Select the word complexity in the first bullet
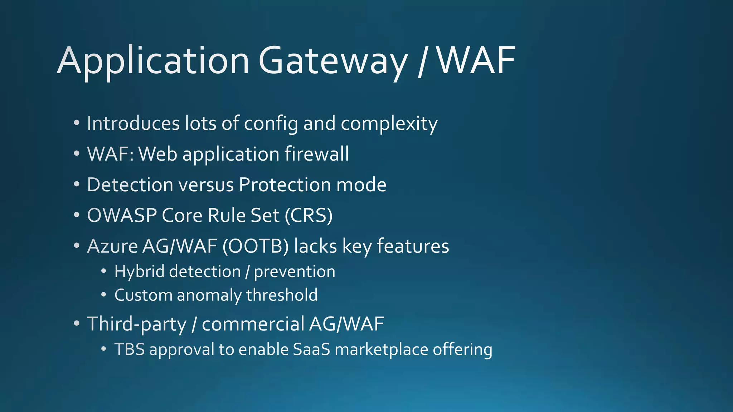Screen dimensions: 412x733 [x=389, y=124]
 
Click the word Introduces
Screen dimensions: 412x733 [x=133, y=124]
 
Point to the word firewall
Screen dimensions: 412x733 [x=316, y=154]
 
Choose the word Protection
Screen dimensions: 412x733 [x=285, y=185]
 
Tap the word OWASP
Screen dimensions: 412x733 [x=122, y=216]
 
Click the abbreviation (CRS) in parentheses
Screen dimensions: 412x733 [x=309, y=216]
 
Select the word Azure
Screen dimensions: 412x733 [x=112, y=246]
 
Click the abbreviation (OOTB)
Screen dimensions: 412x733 [x=256, y=246]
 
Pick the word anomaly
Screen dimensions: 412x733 [x=209, y=295]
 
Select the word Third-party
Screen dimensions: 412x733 [x=137, y=324]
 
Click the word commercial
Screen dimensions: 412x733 [x=253, y=324]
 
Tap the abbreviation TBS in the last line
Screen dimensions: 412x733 [x=130, y=349]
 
